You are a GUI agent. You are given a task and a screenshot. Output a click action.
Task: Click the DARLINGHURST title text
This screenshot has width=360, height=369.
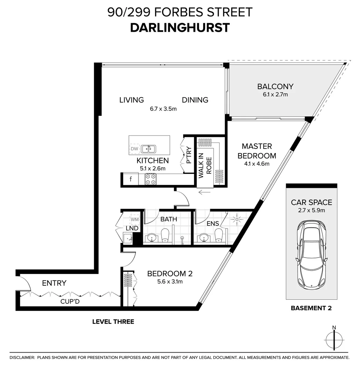180,28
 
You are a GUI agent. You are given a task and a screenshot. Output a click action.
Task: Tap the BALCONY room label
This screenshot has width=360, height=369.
275,86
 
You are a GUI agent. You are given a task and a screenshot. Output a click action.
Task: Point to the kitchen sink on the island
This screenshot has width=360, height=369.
148,149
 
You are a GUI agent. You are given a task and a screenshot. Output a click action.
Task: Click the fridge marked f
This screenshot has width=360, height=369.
130,179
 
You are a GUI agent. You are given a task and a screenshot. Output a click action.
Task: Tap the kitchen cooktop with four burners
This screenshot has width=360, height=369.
150,179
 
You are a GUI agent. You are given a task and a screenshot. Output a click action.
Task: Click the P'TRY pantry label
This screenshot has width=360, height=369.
189,155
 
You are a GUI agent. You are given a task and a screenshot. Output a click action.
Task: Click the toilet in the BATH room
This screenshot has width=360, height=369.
165,235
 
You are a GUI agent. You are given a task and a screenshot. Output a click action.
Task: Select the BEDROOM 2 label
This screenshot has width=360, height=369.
170,274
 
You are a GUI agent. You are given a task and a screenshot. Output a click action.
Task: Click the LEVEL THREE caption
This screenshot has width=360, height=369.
113,322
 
